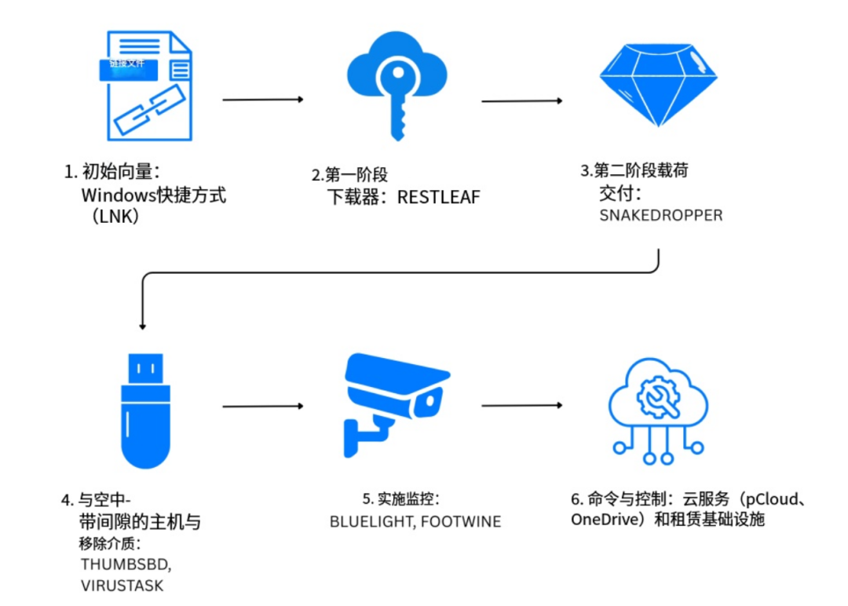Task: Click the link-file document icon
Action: point(148,86)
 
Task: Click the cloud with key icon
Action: point(397,82)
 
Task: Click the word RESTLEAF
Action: point(438,197)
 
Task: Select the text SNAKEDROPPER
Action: point(660,215)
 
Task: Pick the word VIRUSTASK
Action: point(122,586)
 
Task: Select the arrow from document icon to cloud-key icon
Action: point(262,100)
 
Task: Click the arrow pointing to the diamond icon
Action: point(521,100)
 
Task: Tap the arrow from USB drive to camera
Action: point(262,406)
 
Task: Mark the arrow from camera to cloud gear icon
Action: point(521,405)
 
